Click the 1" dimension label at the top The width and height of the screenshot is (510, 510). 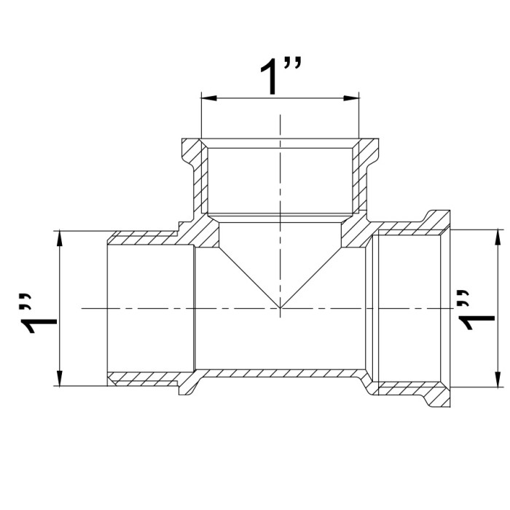click(x=280, y=76)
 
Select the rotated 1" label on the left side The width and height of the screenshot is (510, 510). click(x=39, y=313)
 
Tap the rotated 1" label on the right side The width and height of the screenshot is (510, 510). click(x=476, y=310)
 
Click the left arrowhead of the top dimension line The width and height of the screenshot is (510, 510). click(x=209, y=98)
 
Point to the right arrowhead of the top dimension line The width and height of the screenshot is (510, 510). click(x=351, y=98)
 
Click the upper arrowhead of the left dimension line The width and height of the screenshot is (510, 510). click(x=59, y=239)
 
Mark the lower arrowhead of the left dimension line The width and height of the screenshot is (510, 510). click(x=59, y=378)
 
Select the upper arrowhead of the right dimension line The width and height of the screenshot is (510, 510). click(x=498, y=238)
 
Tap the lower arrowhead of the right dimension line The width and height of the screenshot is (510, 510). click(x=498, y=380)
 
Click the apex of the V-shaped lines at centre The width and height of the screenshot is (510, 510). click(x=280, y=307)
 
